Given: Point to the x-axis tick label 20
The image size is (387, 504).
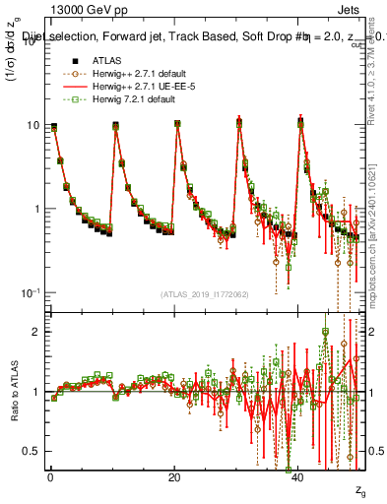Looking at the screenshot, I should click(x=174, y=477).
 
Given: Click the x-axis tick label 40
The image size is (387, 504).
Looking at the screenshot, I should click(x=298, y=477).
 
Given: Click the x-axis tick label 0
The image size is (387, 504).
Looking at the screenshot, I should click(x=49, y=477).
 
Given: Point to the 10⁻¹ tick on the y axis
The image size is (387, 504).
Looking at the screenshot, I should click(x=30, y=292).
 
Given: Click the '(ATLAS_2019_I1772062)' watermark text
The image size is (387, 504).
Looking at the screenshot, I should click(x=204, y=293).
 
